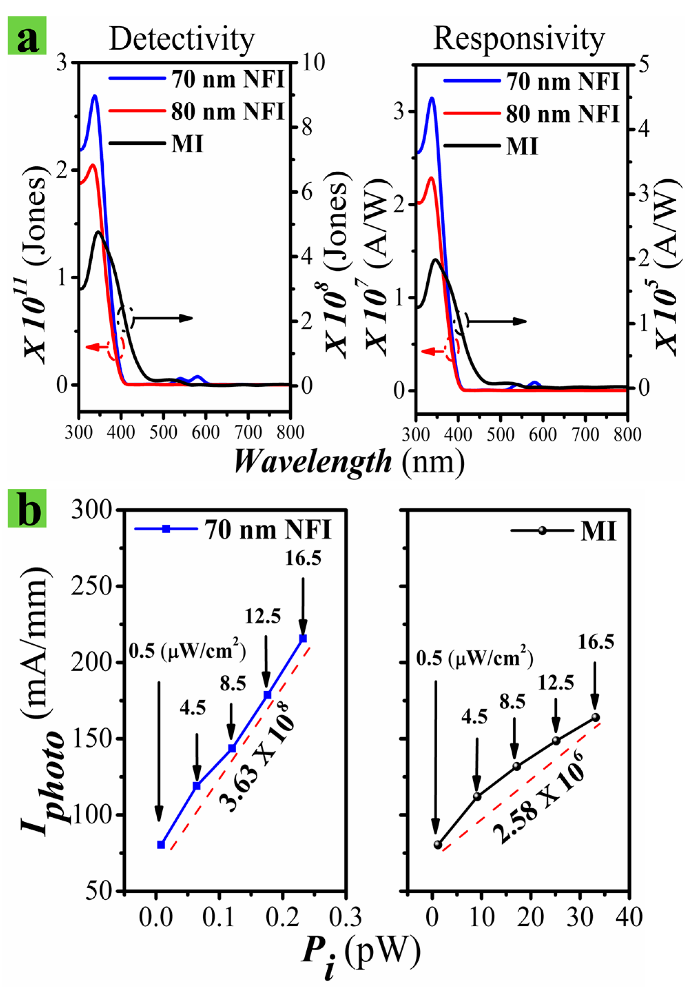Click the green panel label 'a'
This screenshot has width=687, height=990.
click(27, 35)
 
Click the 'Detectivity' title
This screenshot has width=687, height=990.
click(182, 40)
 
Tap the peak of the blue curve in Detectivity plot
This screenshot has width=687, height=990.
click(95, 95)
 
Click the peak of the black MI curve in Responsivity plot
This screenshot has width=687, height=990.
click(436, 259)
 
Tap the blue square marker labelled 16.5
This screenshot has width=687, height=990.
click(303, 638)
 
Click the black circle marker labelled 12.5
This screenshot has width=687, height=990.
click(556, 740)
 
